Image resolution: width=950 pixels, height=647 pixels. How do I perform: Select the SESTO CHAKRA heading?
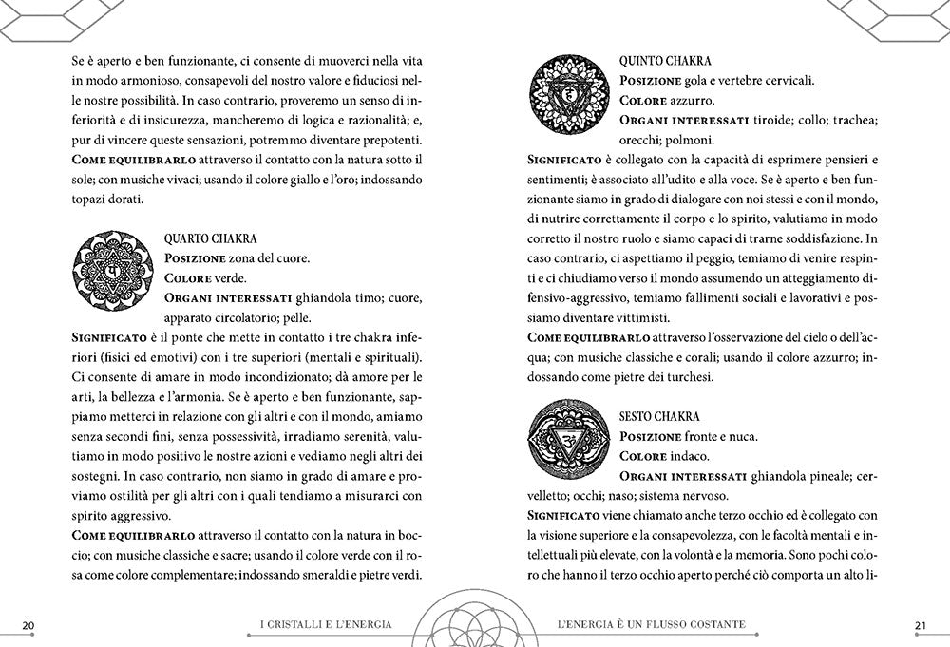pos(661,416)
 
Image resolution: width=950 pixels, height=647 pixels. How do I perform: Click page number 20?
pos(28,624)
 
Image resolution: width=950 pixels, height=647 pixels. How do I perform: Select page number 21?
pos(920,624)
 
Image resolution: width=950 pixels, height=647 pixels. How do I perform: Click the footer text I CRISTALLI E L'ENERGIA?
pos(326,624)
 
